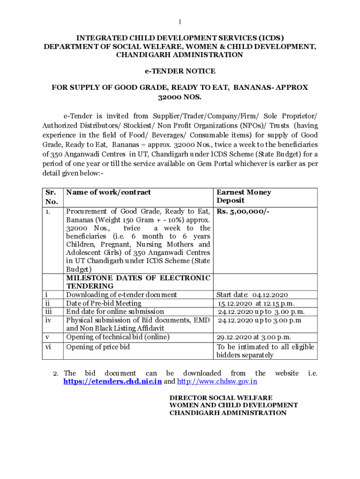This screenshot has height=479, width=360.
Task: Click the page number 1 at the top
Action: pos(180,22)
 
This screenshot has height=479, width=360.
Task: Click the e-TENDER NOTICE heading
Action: pos(180,71)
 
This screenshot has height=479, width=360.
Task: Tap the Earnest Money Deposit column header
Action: pos(244,196)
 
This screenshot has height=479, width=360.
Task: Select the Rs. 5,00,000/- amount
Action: pos(243,211)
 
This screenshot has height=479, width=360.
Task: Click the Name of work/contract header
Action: pos(108,192)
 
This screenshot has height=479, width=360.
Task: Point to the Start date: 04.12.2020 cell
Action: pos(252,295)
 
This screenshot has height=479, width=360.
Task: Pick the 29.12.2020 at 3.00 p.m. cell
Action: pos(254,337)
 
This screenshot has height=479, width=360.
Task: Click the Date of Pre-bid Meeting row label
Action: pos(104,303)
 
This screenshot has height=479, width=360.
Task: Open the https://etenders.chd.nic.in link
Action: pos(113,382)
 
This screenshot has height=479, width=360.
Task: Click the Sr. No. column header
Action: pos(52,197)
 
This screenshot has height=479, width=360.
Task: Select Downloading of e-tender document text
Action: pos(122,295)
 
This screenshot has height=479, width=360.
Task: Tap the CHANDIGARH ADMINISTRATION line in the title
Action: pos(180,55)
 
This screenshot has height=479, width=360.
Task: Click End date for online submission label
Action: pos(115,312)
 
